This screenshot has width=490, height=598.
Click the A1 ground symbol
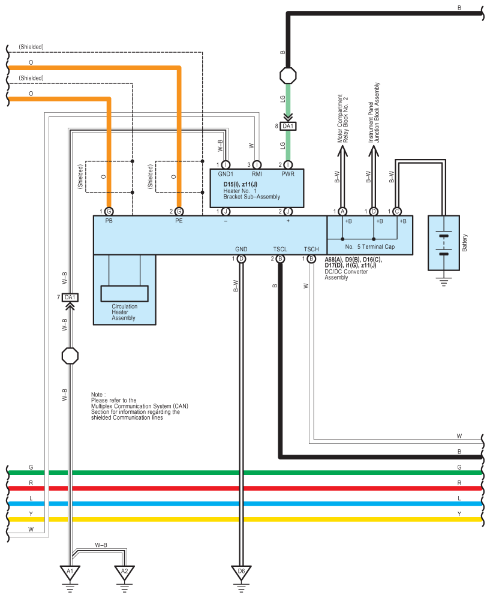[x=70, y=572]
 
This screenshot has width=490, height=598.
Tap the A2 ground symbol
[x=124, y=572]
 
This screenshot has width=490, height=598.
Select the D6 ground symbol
[x=241, y=572]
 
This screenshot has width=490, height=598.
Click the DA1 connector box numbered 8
[x=288, y=127]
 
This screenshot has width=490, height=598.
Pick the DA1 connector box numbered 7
[x=70, y=298]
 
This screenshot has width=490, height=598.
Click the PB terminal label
[x=109, y=221]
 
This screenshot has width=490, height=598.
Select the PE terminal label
[x=179, y=221]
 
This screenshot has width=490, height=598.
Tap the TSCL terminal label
[x=280, y=249]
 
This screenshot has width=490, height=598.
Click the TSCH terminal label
[x=311, y=249]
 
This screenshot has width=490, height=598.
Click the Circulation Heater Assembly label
[x=124, y=312]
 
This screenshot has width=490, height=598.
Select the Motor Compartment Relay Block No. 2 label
[x=342, y=119]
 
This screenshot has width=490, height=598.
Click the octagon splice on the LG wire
[x=288, y=76]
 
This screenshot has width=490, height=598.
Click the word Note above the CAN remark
[x=97, y=393]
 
